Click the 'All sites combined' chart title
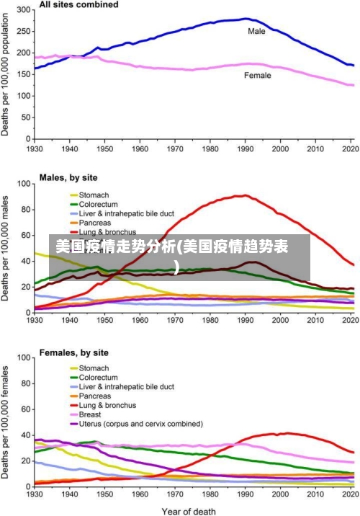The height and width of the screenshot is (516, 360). tap(78, 5)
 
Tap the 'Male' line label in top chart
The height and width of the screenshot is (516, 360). tap(256, 31)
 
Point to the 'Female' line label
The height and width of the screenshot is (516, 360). tap(258, 75)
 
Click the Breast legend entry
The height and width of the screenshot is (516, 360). tap(89, 414)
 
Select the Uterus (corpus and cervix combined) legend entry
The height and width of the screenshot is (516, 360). tap(140, 424)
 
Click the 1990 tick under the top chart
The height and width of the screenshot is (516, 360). tap(246, 149)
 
